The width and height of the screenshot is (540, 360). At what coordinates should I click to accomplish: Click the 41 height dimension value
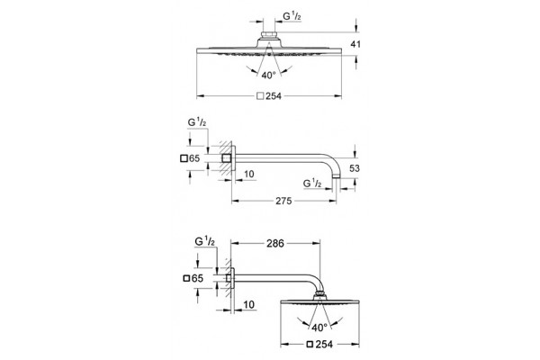pyautogui.click(x=355, y=44)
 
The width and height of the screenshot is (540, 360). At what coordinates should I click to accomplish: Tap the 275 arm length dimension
pyautogui.click(x=283, y=201)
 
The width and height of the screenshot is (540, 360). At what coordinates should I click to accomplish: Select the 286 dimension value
pyautogui.click(x=275, y=244)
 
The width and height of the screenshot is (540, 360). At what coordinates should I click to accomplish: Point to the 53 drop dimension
pyautogui.click(x=355, y=168)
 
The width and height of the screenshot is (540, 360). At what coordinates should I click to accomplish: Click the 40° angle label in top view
pyautogui.click(x=268, y=75)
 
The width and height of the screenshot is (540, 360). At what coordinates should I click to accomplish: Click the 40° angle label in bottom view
pyautogui.click(x=319, y=328)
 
